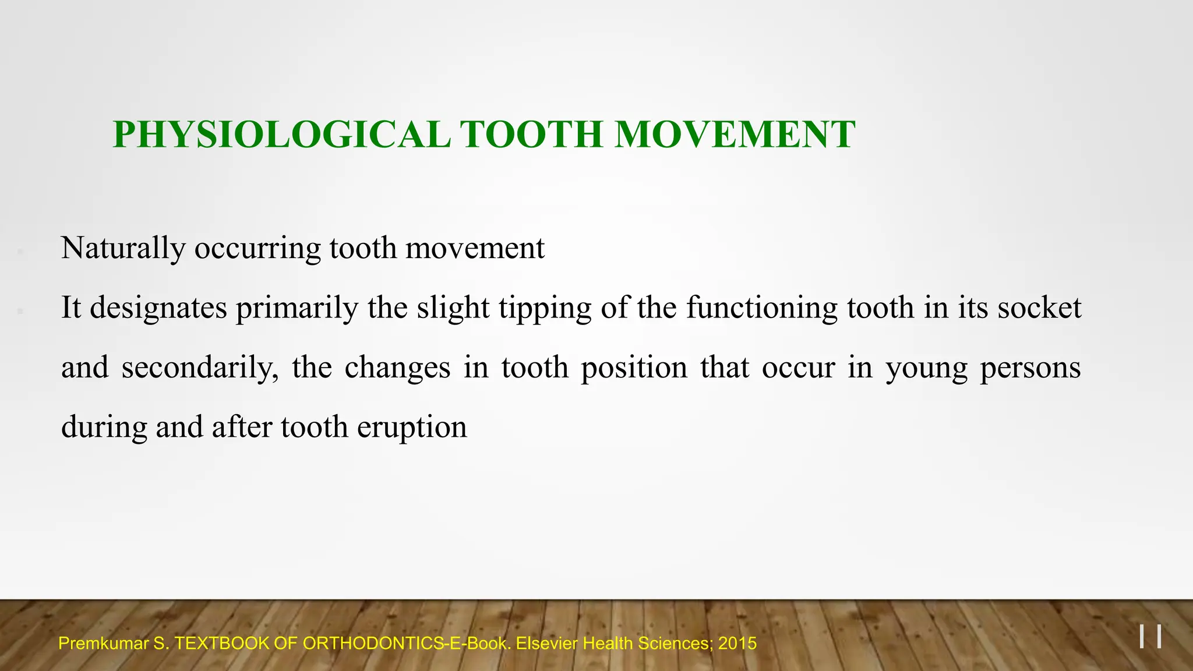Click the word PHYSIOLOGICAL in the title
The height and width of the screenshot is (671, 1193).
(x=281, y=135)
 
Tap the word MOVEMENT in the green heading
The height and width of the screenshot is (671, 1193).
(x=735, y=135)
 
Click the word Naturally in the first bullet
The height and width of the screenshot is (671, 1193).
(x=123, y=249)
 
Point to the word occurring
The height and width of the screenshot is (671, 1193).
(x=257, y=249)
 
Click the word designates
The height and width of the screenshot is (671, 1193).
(x=158, y=308)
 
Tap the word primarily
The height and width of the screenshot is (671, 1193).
(x=297, y=308)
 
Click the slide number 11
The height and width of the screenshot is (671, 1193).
(x=1150, y=636)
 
